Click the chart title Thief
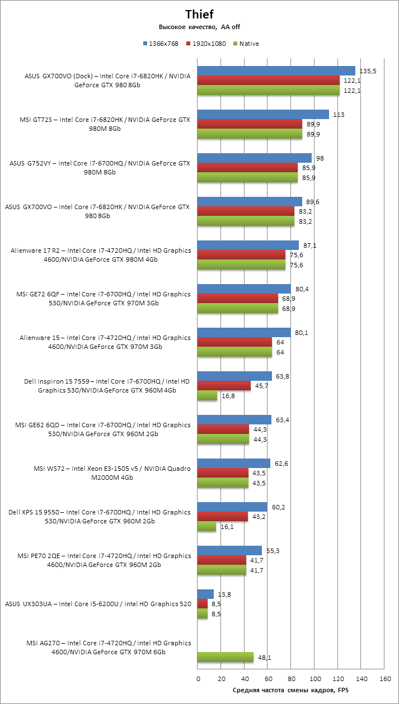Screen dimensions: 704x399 [199, 15]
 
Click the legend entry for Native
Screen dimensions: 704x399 [249, 44]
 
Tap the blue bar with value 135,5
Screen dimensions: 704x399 [276, 70]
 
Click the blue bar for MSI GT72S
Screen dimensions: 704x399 [263, 114]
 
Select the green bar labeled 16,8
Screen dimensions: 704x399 [207, 396]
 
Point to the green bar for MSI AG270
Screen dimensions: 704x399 [226, 658]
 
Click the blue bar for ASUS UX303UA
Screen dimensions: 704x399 [205, 594]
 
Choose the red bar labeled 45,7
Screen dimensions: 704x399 [224, 386]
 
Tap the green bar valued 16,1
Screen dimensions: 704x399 [206, 527]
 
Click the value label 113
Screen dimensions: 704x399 [339, 114]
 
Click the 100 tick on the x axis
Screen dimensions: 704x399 [314, 679]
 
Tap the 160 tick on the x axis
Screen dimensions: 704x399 [384, 679]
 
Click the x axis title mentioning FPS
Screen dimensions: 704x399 [290, 691]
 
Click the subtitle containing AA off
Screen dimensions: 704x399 [199, 27]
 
